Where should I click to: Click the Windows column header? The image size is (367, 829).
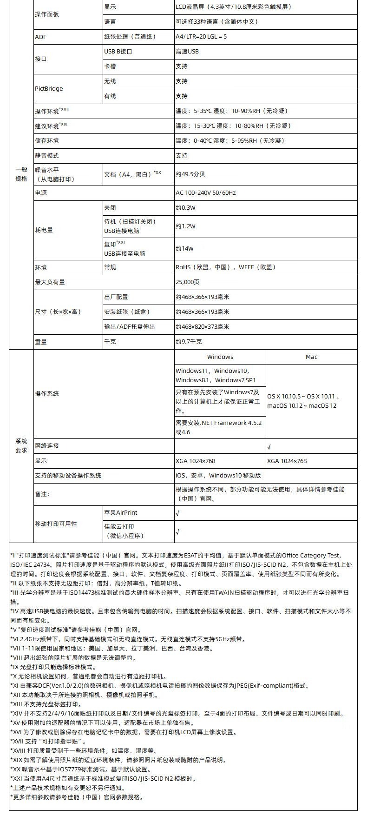(x=220, y=357)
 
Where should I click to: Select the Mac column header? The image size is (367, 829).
(x=311, y=357)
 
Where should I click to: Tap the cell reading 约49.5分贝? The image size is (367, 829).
(x=190, y=174)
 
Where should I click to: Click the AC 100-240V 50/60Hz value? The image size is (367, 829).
(x=206, y=193)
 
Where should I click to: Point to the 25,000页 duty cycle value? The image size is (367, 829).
(x=188, y=282)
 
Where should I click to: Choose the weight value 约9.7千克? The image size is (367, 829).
(x=189, y=342)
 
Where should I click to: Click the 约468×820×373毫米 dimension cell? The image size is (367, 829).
(x=203, y=327)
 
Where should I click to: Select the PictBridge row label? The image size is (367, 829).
(x=49, y=89)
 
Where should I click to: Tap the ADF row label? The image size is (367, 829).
(x=41, y=37)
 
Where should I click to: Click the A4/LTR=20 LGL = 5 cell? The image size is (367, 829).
(x=201, y=37)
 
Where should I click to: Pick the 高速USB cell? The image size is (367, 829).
(x=187, y=52)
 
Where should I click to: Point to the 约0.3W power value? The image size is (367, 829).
(x=186, y=208)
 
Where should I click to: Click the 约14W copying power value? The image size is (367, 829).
(x=184, y=249)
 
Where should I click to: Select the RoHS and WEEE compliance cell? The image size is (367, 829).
(x=226, y=267)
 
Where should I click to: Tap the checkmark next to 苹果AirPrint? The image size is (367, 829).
(x=177, y=513)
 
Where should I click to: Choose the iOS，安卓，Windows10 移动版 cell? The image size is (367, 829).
(x=218, y=476)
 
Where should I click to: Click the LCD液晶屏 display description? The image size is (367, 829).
(x=234, y=7)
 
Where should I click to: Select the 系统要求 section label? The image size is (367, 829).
(x=21, y=445)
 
